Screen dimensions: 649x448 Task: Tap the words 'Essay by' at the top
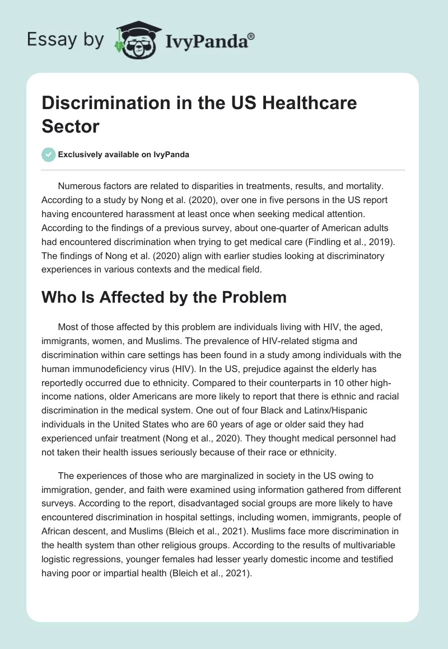click(66, 40)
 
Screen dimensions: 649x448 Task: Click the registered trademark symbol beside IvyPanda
click(251, 36)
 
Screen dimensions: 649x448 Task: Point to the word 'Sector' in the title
click(71, 126)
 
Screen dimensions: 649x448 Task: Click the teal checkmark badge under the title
click(49, 154)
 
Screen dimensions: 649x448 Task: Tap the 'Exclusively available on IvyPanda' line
click(124, 155)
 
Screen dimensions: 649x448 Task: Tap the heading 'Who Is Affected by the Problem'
click(164, 297)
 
